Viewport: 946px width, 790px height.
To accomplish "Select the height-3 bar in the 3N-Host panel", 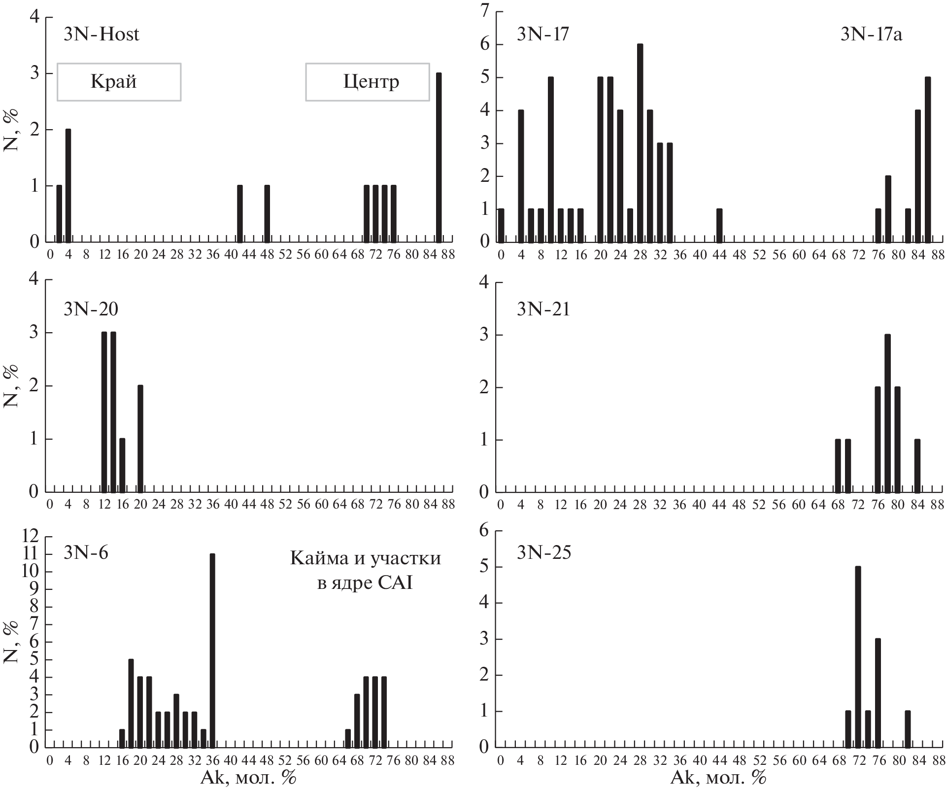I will [439, 158].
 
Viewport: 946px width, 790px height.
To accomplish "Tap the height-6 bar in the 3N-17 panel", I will [640, 143].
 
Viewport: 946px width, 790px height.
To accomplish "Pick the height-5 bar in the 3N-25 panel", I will [858, 657].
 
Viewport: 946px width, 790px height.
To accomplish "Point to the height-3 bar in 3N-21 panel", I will [887, 413].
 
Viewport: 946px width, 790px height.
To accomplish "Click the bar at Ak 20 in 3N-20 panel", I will [140, 439].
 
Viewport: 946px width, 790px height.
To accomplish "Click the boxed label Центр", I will [367, 82].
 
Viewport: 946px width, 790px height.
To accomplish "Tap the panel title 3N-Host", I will [101, 34].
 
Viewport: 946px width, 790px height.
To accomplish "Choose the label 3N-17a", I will [871, 34].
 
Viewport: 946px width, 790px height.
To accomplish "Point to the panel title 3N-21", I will [543, 309].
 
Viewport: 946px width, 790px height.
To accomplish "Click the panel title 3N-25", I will [543, 552].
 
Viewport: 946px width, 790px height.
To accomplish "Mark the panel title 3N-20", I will [91, 309].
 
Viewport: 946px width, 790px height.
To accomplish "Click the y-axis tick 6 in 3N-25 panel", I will [485, 531].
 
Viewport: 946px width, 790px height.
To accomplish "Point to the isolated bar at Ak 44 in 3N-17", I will [719, 226].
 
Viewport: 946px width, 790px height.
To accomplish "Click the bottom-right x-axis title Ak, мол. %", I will [718, 778].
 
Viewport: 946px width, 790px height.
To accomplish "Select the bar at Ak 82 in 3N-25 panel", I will [908, 729].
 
